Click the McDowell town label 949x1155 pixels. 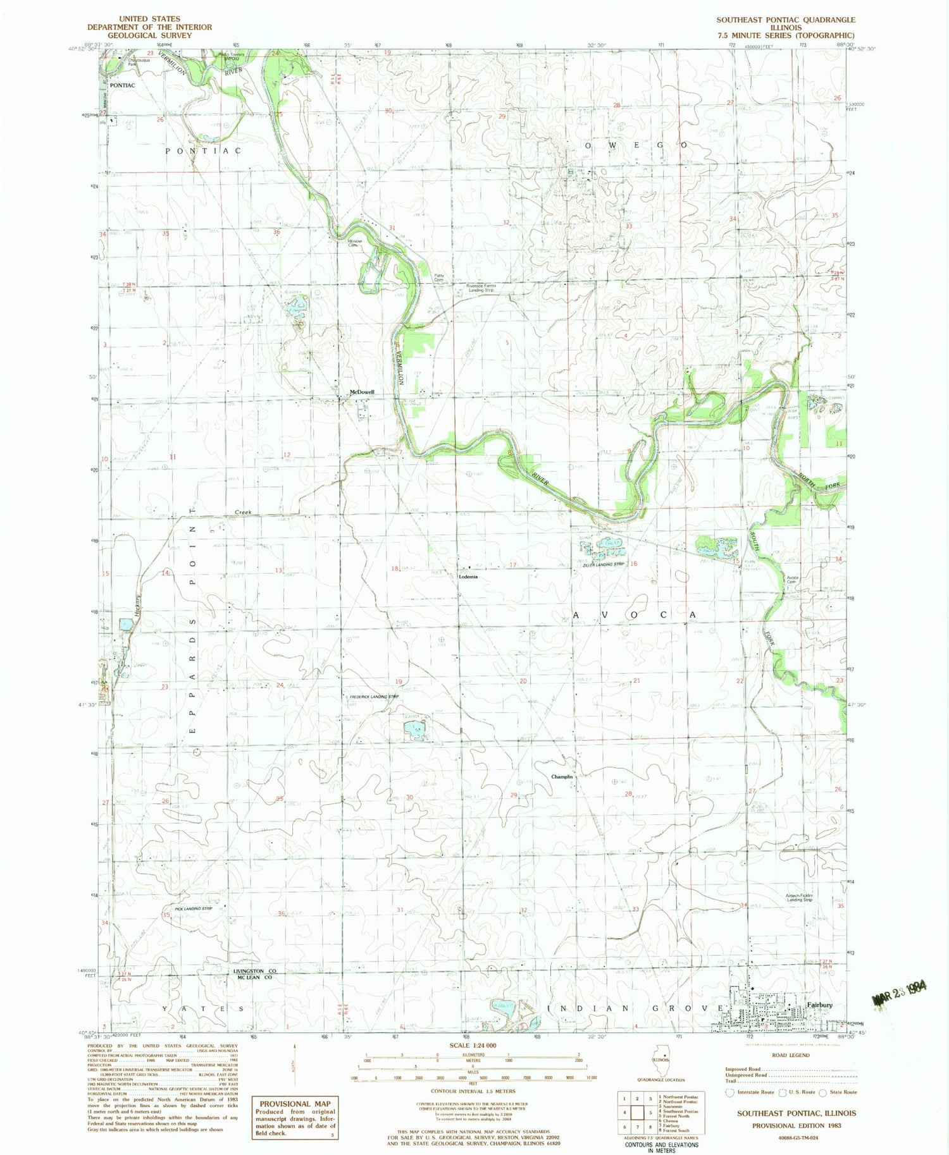pyautogui.click(x=363, y=392)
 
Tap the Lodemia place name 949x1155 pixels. pyautogui.click(x=468, y=577)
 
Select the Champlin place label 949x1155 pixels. pyautogui.click(x=562, y=777)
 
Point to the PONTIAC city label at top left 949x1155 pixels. pyautogui.click(x=122, y=85)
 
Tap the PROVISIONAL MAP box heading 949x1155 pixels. pyautogui.click(x=295, y=1104)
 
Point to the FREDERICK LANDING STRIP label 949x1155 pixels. pyautogui.click(x=374, y=697)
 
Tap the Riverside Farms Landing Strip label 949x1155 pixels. pyautogui.click(x=481, y=288)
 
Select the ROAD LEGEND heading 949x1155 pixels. pyautogui.click(x=790, y=1055)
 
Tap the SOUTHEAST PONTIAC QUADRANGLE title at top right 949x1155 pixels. pyautogui.click(x=785, y=20)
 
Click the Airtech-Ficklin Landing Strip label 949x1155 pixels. pyautogui.click(x=799, y=898)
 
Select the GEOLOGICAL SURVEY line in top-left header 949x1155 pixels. pyautogui.click(x=149, y=35)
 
